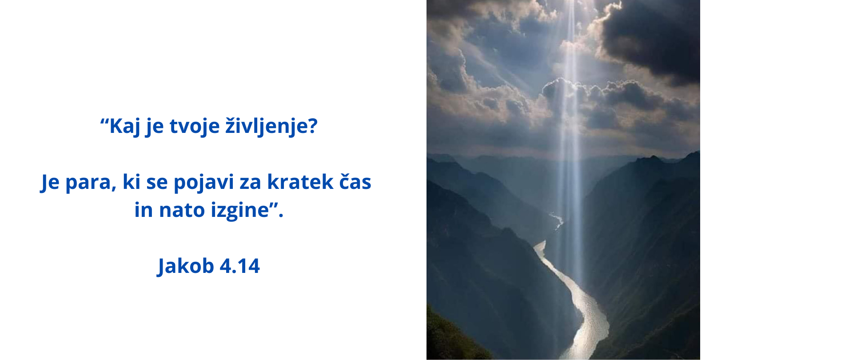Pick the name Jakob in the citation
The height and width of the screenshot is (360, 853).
tap(186, 266)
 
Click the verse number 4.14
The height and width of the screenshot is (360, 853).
tap(240, 266)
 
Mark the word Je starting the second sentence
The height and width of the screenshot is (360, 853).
tap(50, 182)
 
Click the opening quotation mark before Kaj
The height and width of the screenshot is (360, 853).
tap(104, 121)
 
